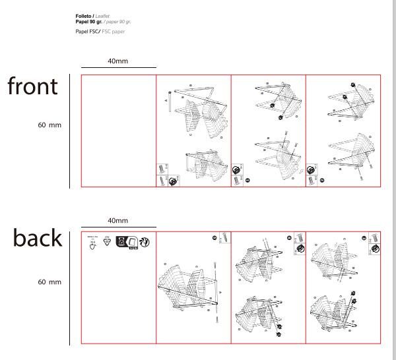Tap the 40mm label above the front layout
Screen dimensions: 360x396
tap(118, 61)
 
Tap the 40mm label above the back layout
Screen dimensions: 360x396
tap(118, 220)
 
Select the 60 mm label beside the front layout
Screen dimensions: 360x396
tap(50, 125)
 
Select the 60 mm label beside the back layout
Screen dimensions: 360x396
tap(50, 282)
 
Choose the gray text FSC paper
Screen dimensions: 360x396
tap(113, 31)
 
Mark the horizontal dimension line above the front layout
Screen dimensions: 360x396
tap(119, 67)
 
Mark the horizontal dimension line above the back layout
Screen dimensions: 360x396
tap(119, 226)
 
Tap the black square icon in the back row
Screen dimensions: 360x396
tap(122, 241)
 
